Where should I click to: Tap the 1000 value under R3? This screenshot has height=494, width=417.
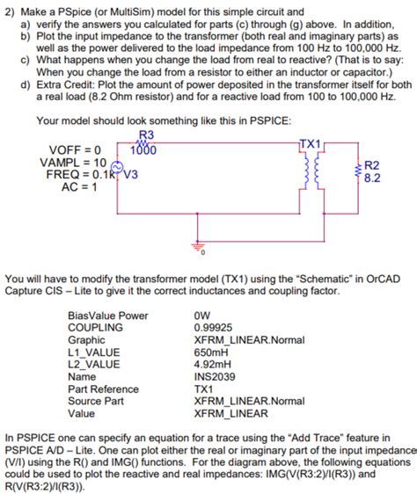coord(143,149)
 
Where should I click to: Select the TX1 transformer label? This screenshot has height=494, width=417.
coord(311,142)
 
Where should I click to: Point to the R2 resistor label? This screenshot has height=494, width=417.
coord(371,165)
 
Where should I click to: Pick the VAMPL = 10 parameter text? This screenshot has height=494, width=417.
coord(73,162)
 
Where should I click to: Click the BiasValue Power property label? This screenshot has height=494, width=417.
coord(108,316)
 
